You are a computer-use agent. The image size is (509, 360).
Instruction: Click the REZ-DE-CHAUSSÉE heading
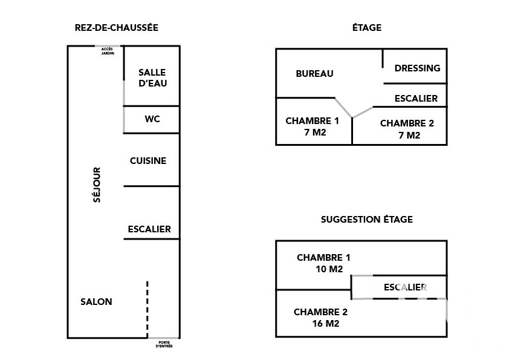117,28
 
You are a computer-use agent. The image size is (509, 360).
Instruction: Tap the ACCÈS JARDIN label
108,51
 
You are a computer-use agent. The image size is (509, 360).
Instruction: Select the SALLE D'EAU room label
152,78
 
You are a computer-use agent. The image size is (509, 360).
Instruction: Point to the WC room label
152,119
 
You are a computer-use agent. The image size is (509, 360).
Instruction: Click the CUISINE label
148,161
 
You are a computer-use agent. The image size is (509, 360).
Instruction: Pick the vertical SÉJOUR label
97,185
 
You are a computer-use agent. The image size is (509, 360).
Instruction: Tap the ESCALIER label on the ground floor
149,229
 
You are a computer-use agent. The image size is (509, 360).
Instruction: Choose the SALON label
96,302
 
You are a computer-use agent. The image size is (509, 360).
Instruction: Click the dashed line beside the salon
148,310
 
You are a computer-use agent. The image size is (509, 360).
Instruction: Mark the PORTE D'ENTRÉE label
164,344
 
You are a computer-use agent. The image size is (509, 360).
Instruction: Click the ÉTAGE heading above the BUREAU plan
367,28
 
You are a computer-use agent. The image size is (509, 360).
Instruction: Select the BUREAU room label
314,74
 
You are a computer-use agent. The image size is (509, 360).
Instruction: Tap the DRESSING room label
418,68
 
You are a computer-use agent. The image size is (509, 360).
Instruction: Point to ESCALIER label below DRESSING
416,99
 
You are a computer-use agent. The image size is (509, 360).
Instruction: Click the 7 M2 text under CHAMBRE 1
315,133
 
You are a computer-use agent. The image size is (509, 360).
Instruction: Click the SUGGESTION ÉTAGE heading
367,220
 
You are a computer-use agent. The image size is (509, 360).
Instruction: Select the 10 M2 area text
329,269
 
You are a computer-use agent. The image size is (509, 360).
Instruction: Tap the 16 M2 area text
326,324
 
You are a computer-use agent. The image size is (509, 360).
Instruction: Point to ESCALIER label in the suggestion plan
405,287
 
